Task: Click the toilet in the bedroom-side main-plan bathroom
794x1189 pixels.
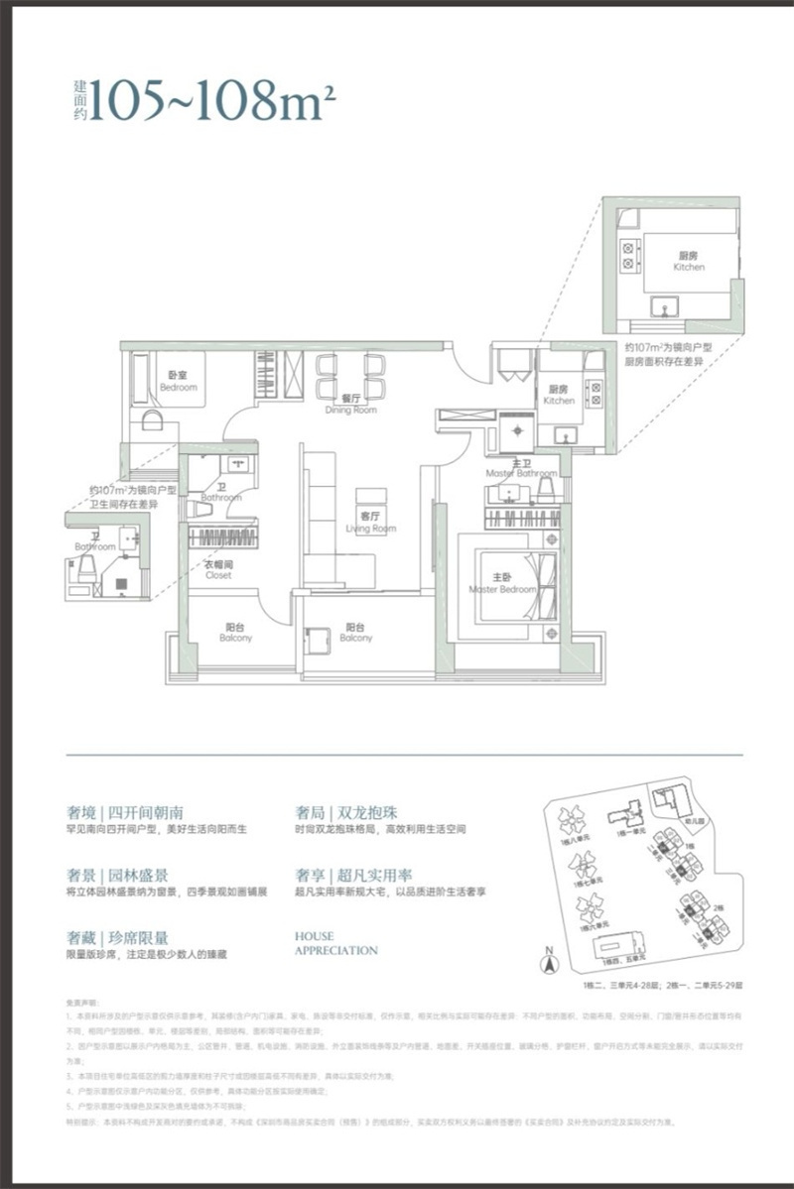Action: point(198,509)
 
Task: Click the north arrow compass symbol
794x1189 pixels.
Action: point(546,961)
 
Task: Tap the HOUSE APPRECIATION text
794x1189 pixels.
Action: point(335,942)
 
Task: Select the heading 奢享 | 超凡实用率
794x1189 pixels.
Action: point(353,875)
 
